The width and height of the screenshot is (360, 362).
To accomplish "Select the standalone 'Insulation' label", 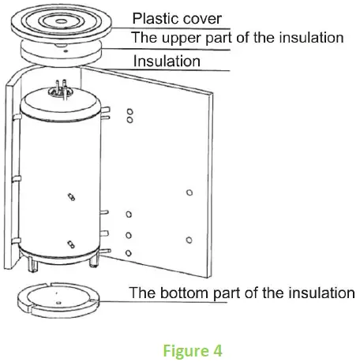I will (166, 61).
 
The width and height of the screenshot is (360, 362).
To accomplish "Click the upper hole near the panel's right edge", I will (187, 192).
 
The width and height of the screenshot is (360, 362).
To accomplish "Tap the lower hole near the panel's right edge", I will (187, 239).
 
